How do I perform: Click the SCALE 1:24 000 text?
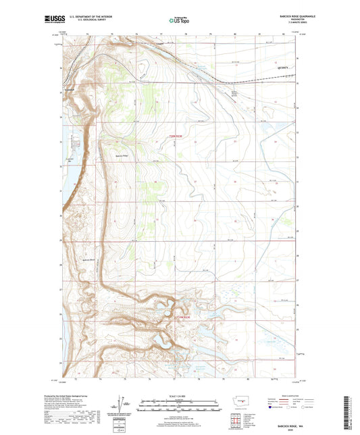point(179,395)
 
